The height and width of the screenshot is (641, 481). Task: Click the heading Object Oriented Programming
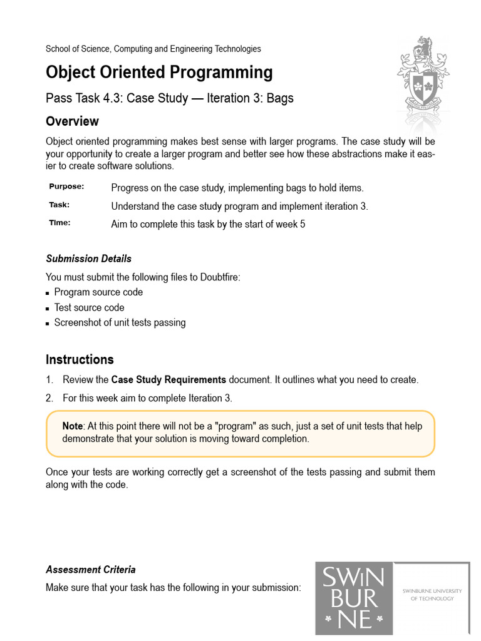click(x=159, y=73)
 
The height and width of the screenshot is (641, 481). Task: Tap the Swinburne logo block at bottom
click(x=354, y=599)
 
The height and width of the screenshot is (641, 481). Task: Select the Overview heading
click(x=72, y=121)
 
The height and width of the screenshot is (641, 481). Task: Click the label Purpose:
click(x=66, y=187)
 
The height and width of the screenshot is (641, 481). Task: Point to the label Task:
click(x=59, y=205)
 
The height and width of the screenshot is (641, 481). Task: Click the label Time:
click(x=59, y=223)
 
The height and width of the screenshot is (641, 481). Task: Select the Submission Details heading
click(x=88, y=259)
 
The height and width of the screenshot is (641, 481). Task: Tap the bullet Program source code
click(x=98, y=292)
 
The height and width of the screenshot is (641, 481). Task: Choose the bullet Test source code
click(x=89, y=307)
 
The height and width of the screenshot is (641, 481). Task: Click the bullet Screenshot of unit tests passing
click(x=120, y=323)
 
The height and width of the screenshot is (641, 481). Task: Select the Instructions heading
click(x=80, y=360)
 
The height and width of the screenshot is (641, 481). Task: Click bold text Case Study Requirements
click(x=168, y=380)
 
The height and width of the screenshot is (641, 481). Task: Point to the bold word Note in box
click(x=73, y=426)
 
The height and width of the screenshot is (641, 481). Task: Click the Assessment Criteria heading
click(x=91, y=570)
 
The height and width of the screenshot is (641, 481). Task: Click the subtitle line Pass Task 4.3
click(x=169, y=98)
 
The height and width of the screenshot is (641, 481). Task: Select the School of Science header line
click(x=153, y=49)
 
